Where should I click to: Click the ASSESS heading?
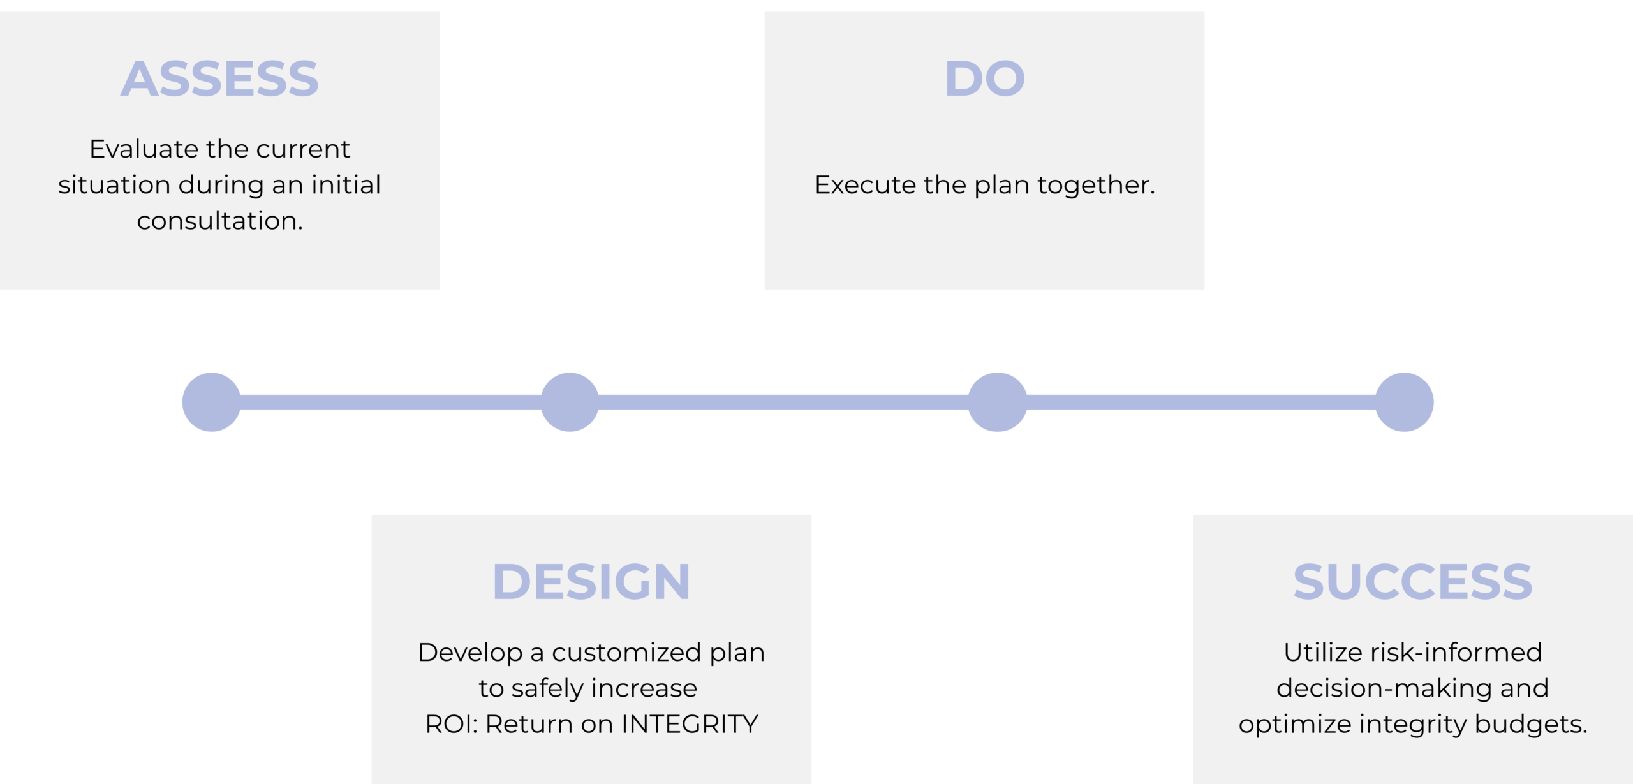tap(219, 79)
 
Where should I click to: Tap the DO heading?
tap(984, 79)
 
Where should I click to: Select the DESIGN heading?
tap(591, 582)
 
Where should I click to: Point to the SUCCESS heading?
tap(1413, 582)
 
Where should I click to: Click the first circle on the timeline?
tap(212, 402)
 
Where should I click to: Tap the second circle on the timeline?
tap(570, 402)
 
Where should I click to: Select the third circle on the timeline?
tap(998, 402)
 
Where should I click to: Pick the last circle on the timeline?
tap(1404, 402)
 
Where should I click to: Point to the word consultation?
tap(220, 221)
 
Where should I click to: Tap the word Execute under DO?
tap(865, 185)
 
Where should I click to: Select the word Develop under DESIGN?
tap(470, 653)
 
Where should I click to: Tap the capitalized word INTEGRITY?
tap(690, 724)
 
